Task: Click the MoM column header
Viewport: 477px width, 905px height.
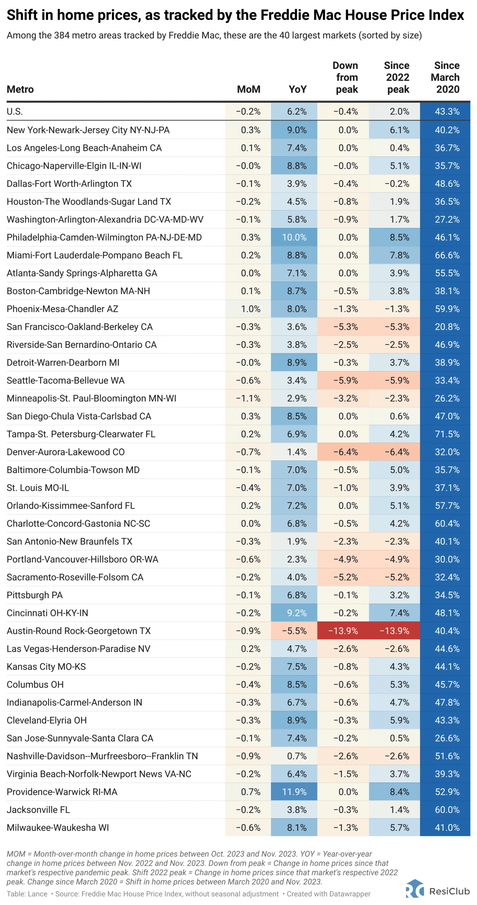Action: point(248,89)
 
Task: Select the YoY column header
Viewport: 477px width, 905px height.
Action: point(298,89)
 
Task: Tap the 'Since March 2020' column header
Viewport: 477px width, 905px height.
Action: point(447,78)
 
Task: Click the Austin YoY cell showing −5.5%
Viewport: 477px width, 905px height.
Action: point(294,631)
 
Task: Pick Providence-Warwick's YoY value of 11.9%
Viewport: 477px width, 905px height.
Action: point(294,792)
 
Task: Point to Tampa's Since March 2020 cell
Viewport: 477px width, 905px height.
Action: point(445,434)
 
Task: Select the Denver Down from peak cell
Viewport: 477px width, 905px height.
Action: point(343,452)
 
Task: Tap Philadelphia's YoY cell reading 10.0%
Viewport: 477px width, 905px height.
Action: point(294,237)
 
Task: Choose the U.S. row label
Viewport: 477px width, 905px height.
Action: point(15,112)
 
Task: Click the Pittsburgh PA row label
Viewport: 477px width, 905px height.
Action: point(35,595)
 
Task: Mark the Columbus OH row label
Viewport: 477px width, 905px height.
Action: point(35,684)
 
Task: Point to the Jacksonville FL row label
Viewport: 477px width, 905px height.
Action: point(38,809)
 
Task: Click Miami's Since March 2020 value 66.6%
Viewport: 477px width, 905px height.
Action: point(445,255)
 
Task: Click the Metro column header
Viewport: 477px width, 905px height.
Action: point(20,89)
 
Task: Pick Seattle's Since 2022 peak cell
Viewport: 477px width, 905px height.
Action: point(394,380)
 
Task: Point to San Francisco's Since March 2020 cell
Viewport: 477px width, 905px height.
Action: point(445,327)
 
